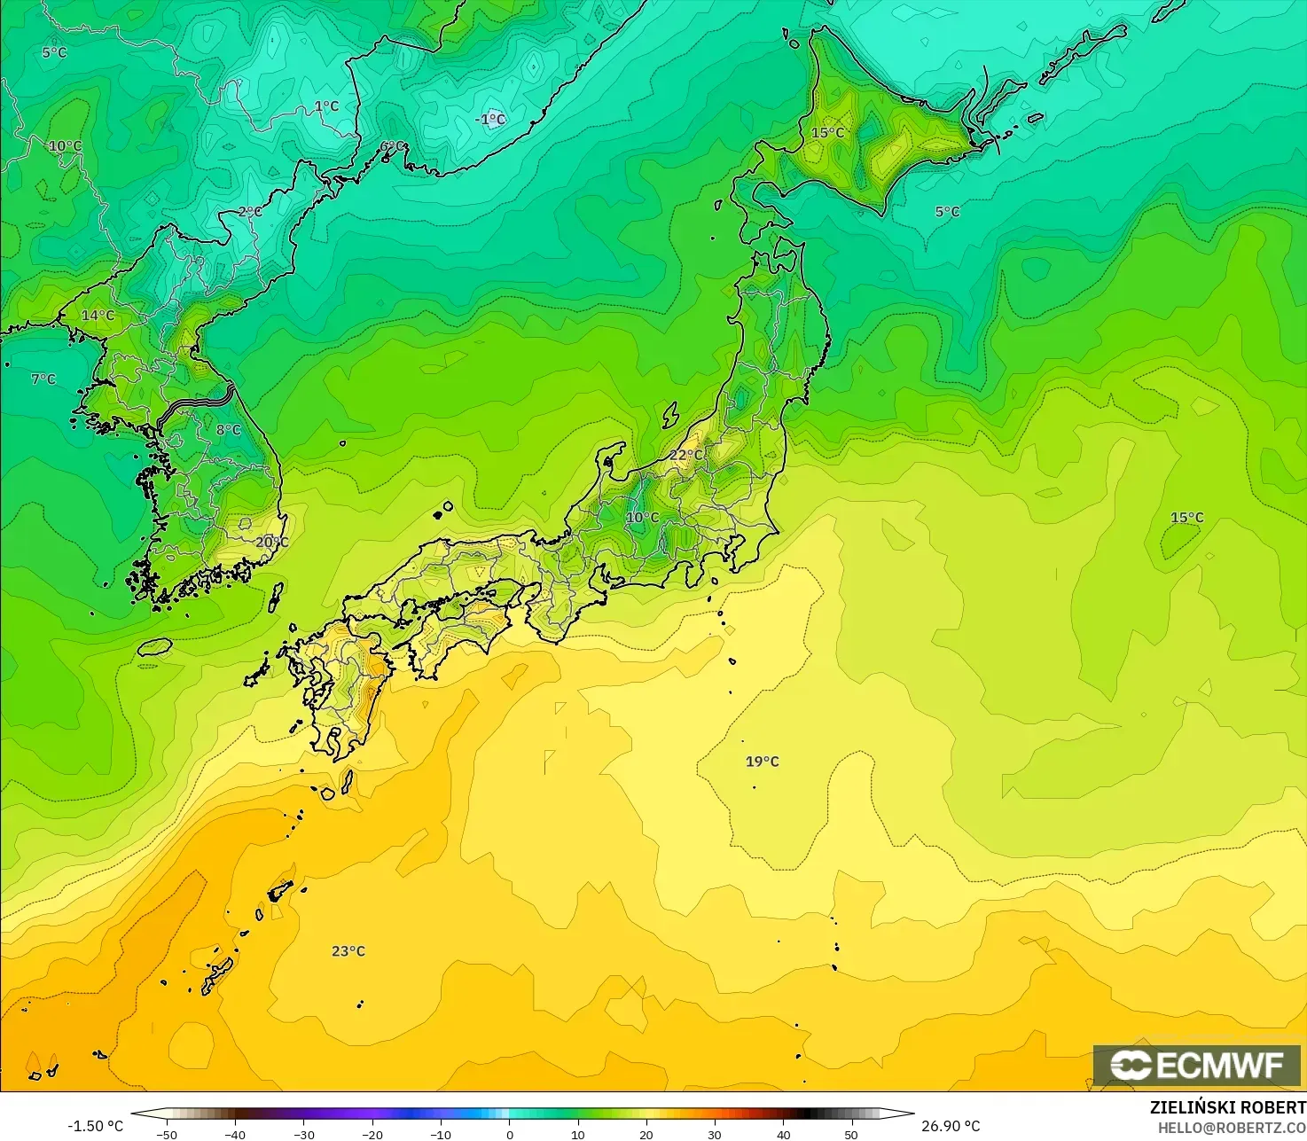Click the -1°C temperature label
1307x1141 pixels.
click(x=490, y=120)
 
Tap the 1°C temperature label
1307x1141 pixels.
click(x=326, y=106)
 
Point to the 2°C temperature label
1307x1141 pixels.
click(x=250, y=212)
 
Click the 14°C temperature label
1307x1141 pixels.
click(x=98, y=316)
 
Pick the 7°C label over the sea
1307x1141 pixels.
click(x=43, y=379)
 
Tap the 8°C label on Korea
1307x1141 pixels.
click(x=229, y=430)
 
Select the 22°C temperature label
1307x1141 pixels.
click(x=685, y=456)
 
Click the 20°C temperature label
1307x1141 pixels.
click(x=272, y=542)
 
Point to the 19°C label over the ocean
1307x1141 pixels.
click(x=762, y=762)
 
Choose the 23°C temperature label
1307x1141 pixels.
click(x=348, y=951)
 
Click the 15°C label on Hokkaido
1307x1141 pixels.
click(x=828, y=133)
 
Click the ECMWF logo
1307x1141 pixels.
click(x=1197, y=1066)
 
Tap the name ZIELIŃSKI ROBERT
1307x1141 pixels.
click(x=1227, y=1107)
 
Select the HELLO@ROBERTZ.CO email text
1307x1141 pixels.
click(x=1232, y=1127)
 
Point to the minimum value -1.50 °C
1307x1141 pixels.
click(x=95, y=1126)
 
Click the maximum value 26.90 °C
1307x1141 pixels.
click(x=951, y=1126)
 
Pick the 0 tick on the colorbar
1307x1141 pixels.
click(x=509, y=1134)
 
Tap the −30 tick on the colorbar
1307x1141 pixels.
click(x=303, y=1134)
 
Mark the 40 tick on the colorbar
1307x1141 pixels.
click(x=783, y=1134)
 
